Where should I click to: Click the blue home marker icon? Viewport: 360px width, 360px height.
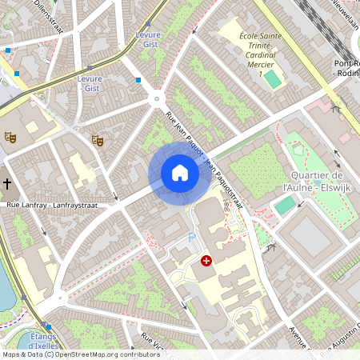point(180,173)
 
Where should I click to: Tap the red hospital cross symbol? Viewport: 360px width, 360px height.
point(206,261)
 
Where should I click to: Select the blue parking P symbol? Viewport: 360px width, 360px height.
point(190,238)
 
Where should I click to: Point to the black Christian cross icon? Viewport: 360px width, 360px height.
point(7,184)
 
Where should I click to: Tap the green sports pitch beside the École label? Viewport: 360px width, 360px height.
point(274,79)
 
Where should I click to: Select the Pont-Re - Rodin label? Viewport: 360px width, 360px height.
point(346,68)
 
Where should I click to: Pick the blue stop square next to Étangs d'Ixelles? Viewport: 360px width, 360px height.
point(49,326)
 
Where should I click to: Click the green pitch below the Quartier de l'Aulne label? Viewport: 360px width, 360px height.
point(284,206)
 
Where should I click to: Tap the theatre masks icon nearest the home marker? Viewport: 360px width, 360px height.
point(98,140)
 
